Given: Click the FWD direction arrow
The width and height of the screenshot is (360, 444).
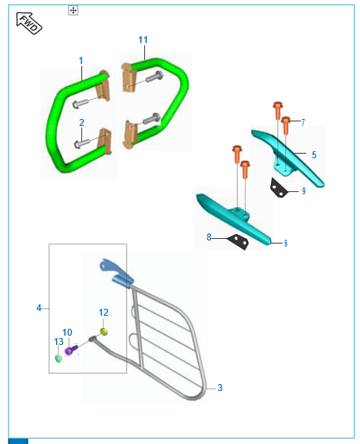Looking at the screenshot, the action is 29,23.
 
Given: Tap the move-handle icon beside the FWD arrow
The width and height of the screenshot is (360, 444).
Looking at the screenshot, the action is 73,11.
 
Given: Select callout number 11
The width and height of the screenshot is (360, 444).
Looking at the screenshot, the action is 143,40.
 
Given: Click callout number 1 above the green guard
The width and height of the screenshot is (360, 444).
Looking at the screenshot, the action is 81,61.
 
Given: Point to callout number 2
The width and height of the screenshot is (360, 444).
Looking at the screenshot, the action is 81,123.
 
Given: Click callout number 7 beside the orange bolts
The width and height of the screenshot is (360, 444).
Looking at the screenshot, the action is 303,122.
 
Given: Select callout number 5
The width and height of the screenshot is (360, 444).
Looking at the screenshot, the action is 314,155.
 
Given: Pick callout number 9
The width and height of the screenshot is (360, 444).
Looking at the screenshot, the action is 304,191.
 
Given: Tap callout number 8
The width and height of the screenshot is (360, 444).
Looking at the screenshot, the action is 209,237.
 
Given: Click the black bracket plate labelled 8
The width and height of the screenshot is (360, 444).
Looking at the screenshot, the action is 239,241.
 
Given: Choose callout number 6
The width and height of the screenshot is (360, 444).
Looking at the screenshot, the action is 286,244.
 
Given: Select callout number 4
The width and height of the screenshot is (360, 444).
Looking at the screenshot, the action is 39,308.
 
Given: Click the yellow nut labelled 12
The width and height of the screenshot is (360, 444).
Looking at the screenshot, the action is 104,332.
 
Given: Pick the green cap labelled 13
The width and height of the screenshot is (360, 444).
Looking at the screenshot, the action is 58,359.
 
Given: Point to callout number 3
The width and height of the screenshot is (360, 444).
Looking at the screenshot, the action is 220,388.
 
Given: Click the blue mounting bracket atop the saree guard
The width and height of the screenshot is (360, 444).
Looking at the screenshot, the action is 116,273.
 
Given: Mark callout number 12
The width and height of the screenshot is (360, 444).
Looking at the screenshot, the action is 104,313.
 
